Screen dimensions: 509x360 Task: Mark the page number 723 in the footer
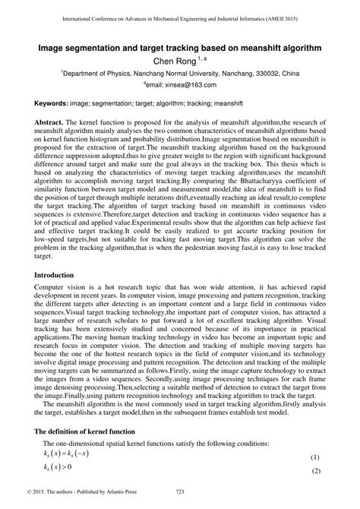tap(180, 501)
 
